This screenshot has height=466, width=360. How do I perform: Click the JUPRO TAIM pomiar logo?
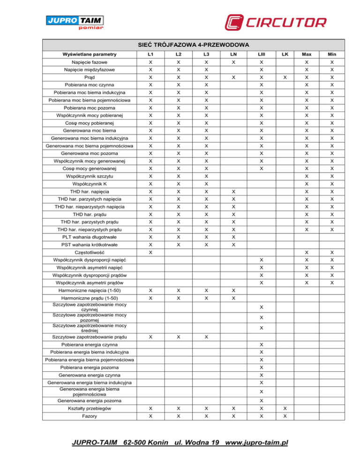click(75, 22)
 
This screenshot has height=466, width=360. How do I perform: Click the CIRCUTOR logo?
click(275, 22)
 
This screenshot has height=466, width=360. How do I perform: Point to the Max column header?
click(307, 54)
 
